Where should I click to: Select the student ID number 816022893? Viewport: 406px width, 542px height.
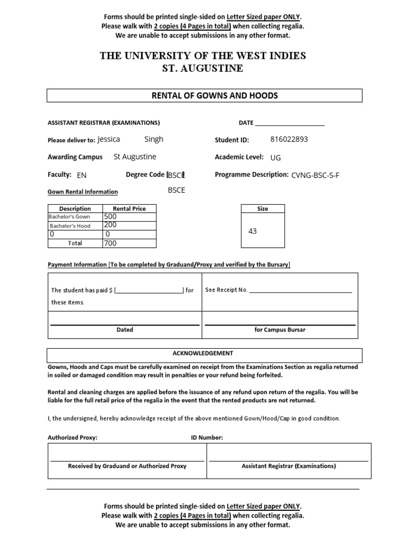tap(289, 140)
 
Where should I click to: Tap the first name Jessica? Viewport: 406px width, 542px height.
tap(109, 139)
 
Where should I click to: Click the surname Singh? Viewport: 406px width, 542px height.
tap(154, 139)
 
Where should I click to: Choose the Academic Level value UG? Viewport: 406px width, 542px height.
tap(275, 158)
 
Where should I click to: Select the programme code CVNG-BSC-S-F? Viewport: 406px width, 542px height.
tap(315, 175)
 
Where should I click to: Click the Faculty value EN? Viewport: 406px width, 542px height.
tap(81, 175)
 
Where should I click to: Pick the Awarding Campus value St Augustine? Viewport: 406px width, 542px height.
tap(135, 157)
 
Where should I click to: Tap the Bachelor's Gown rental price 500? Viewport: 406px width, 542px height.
tap(110, 216)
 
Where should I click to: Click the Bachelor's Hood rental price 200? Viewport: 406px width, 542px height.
tap(110, 225)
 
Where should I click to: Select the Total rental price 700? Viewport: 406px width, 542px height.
tap(110, 243)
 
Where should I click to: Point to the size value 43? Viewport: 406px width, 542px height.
tap(252, 231)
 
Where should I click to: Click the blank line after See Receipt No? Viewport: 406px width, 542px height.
tap(300, 291)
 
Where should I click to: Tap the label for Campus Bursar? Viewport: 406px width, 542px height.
tap(280, 330)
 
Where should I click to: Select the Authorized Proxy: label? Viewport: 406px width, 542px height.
tap(72, 438)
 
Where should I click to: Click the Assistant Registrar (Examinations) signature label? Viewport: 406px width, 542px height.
tap(288, 466)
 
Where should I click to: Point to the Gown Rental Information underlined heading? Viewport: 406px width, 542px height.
tap(82, 192)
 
